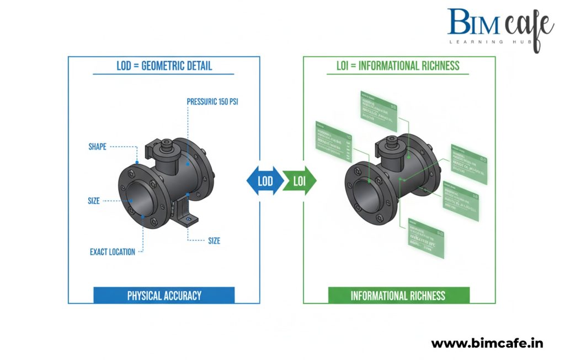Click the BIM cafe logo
(x=499, y=25)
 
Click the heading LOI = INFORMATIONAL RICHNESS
(x=398, y=66)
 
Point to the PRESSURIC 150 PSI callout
(x=215, y=101)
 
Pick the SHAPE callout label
(x=97, y=147)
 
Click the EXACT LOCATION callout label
(x=112, y=252)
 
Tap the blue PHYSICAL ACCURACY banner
(x=164, y=295)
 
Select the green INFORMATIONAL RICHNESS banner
(x=398, y=295)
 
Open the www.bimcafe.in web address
(x=487, y=343)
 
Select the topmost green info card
(x=378, y=108)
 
